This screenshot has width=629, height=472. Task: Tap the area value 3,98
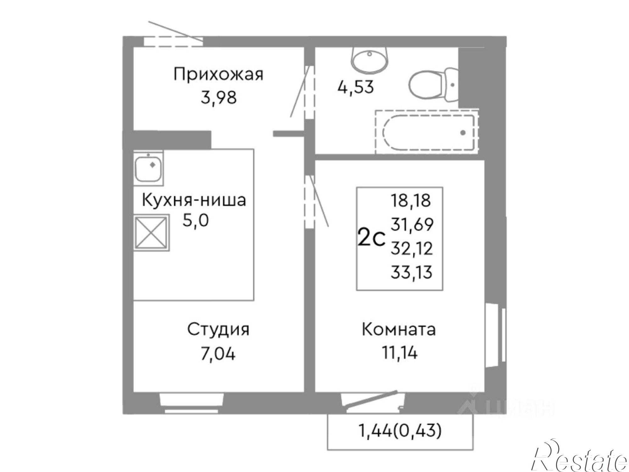pos(218,98)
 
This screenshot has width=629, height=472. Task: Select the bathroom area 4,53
pos(355,87)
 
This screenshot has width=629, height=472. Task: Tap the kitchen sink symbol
pos(148,167)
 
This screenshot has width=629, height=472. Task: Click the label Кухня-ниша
pos(194,200)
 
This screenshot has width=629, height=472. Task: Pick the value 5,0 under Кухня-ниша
pos(196,221)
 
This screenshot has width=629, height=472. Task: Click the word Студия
pos(218,330)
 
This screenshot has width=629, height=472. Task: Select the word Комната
pos(399,330)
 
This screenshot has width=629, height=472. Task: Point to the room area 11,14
pos(399,353)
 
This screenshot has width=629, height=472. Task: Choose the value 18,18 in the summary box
pos(410,200)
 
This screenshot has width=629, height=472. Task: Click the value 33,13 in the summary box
pos(411,272)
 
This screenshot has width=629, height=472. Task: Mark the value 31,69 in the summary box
pos(412,224)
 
